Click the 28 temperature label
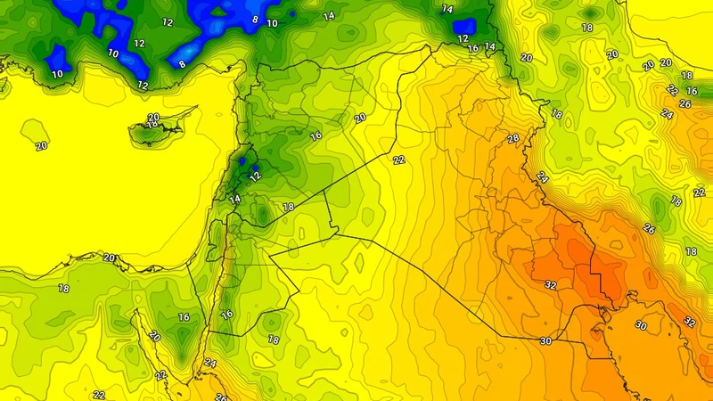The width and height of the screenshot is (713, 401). (512, 138)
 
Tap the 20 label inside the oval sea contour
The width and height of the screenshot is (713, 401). (40, 146)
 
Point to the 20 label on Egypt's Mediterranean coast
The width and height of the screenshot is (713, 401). (110, 258)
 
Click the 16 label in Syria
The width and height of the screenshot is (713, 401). (315, 135)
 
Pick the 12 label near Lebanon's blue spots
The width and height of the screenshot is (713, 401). (257, 176)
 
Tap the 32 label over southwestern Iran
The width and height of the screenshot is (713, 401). (689, 321)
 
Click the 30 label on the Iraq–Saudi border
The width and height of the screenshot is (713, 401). (545, 341)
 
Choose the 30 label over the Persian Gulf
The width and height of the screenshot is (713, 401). (640, 325)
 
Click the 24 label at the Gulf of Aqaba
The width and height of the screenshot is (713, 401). (209, 363)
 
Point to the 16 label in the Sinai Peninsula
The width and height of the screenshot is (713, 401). (184, 317)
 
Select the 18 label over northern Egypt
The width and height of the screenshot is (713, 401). (64, 289)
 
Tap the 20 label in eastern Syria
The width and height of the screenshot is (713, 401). (360, 118)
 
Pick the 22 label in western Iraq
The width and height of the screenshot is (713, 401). (398, 160)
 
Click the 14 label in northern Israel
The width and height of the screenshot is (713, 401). (234, 200)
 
